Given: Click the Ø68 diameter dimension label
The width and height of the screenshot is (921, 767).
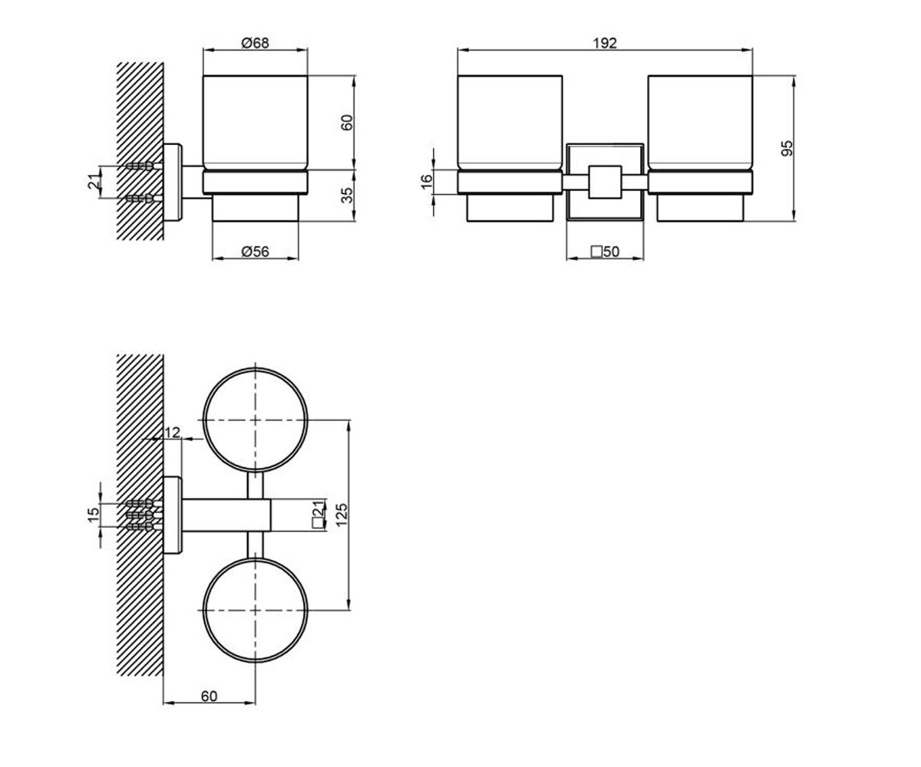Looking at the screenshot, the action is (256, 43).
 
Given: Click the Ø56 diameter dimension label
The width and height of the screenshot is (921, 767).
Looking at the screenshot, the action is (256, 252).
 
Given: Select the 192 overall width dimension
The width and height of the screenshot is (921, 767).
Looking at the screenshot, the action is (605, 43).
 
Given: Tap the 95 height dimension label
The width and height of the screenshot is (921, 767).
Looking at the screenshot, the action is (787, 148).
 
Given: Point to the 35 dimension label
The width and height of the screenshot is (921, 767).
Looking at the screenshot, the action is (348, 196).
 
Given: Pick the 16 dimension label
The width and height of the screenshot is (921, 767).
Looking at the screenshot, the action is (427, 182).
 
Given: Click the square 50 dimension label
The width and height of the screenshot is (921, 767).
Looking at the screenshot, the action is (606, 252).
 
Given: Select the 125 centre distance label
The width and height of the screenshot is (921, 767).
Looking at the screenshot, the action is (342, 515).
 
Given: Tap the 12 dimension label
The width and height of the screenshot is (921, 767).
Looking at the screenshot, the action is (172, 433).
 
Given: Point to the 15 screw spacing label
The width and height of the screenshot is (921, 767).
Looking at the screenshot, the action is (94, 515).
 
